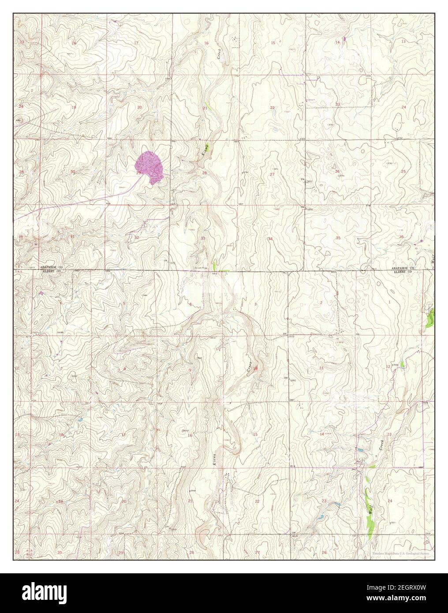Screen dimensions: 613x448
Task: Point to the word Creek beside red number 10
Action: (x=249, y=366)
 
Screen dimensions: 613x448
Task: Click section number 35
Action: (x=338, y=238)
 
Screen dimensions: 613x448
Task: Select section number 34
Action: (x=270, y=239)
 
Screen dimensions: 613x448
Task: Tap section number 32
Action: (x=137, y=237)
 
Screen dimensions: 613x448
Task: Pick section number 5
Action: (x=124, y=303)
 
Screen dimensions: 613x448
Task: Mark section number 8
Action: (x=124, y=369)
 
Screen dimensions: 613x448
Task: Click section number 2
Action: (x=321, y=302)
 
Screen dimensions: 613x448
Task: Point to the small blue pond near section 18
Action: (x=79, y=420)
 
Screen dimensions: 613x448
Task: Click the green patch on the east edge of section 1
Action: (x=431, y=317)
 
